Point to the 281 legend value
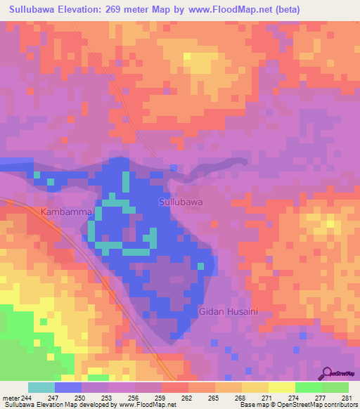[347, 397]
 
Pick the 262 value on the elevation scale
[167, 397]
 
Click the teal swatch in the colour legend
[41, 387]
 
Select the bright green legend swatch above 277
[309, 387]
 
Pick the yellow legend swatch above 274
[282, 387]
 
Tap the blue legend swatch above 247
[68, 387]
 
